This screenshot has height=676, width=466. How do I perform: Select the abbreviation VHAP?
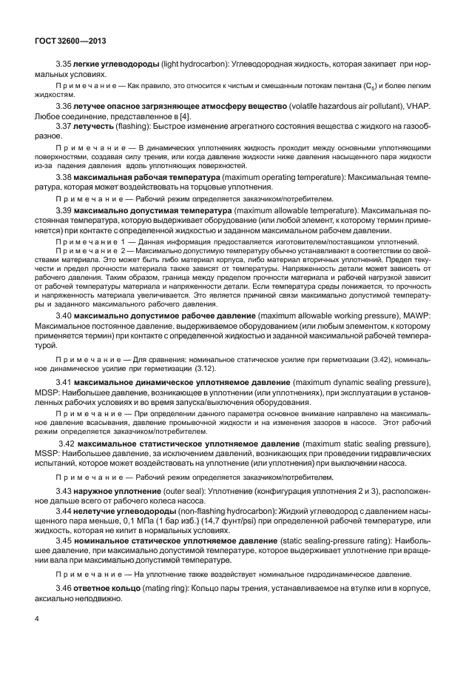coord(415,107)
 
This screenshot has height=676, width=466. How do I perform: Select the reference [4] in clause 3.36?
coord(185,117)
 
